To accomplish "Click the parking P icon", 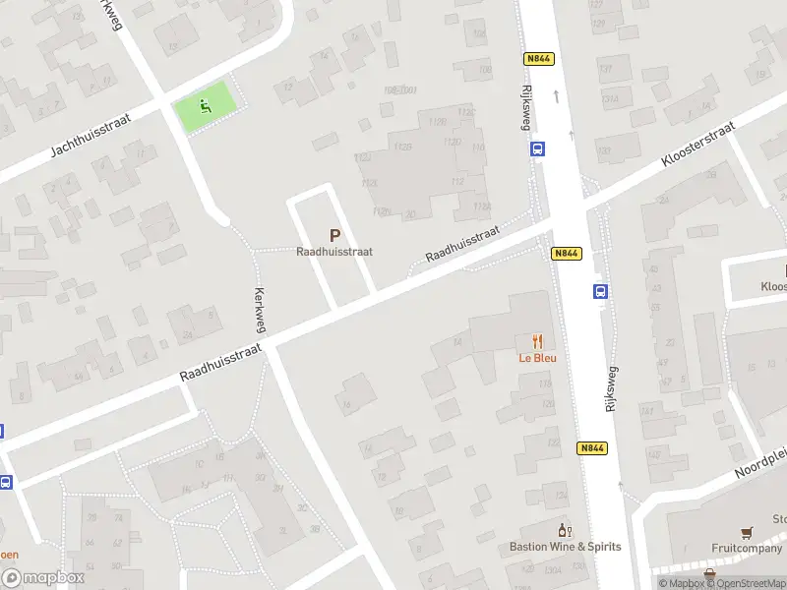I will (334, 236).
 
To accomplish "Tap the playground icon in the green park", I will (206, 106).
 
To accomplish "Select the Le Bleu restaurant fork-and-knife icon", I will (537, 342).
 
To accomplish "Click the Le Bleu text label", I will (538, 358).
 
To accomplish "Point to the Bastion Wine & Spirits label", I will (565, 547).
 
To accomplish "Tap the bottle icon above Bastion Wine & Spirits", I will (565, 531).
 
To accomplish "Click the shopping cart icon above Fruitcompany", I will (748, 533).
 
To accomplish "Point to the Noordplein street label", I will (761, 461).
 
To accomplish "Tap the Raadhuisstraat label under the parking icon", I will (334, 252).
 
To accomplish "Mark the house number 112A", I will (481, 206).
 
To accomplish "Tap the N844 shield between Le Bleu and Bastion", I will (591, 448).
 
